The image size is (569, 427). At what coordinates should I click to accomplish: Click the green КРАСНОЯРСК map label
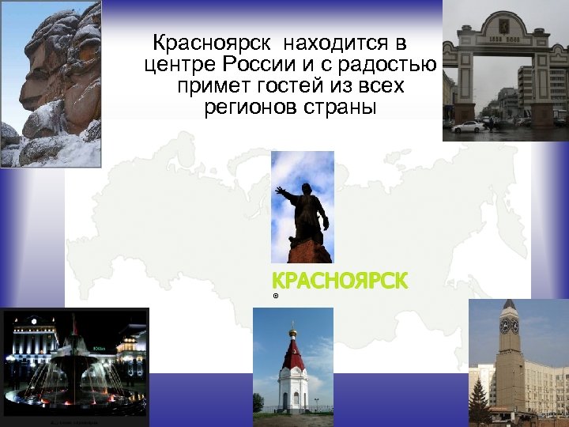click(x=340, y=280)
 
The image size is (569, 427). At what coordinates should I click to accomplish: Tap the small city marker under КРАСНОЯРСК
click(x=276, y=296)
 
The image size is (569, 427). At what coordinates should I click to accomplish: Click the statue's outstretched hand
click(x=280, y=190)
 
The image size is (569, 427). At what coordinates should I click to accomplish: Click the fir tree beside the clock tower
click(x=478, y=399)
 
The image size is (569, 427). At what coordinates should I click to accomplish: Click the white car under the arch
click(x=469, y=127)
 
